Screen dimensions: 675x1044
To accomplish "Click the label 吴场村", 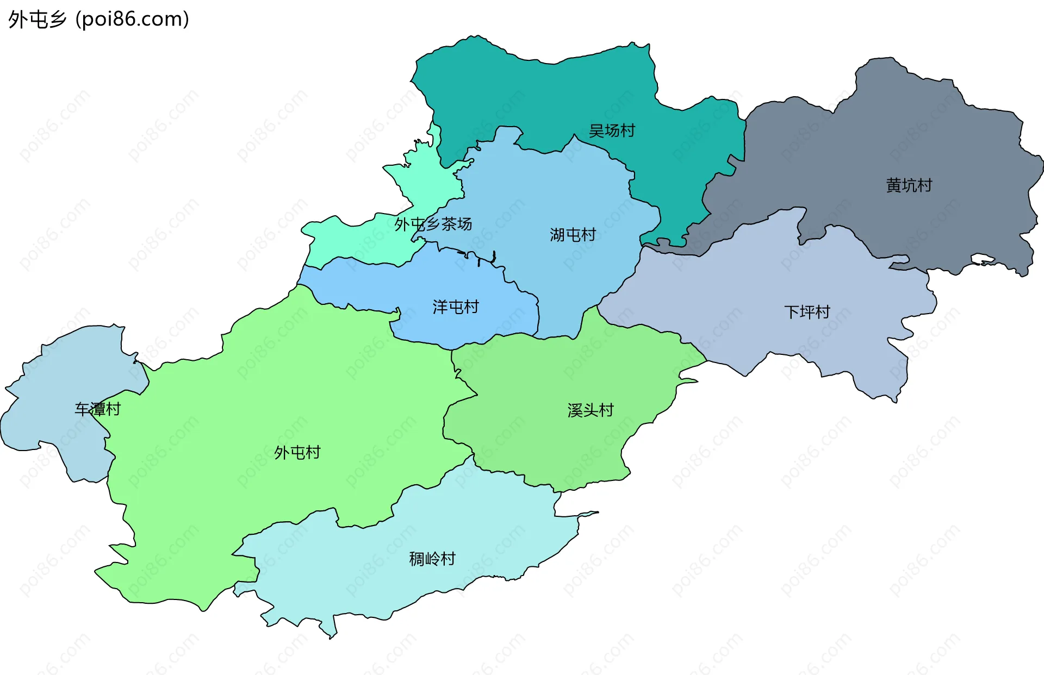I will pyautogui.click(x=612, y=131).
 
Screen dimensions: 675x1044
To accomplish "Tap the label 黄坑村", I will pyautogui.click(x=909, y=185).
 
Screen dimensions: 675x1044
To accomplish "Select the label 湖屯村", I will pyautogui.click(x=573, y=235).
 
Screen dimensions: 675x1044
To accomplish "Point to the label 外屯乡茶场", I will pyautogui.click(x=433, y=224).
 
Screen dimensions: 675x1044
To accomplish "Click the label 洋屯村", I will pyautogui.click(x=455, y=307).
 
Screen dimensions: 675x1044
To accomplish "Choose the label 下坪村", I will pyautogui.click(x=807, y=312).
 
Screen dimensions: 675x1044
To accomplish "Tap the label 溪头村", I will pyautogui.click(x=590, y=410).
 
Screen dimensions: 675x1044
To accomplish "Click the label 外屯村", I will pyautogui.click(x=297, y=452).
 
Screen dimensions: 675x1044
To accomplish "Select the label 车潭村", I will pyautogui.click(x=97, y=409).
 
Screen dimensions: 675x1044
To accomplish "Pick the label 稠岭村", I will pyautogui.click(x=432, y=559).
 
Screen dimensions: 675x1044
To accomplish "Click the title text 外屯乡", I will pyautogui.click(x=37, y=20).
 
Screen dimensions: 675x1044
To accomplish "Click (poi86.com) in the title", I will pyautogui.click(x=132, y=20).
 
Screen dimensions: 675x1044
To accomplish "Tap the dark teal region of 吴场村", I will pyautogui.click(x=544, y=92).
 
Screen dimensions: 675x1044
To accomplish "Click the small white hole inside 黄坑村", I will pyautogui.click(x=982, y=259).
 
